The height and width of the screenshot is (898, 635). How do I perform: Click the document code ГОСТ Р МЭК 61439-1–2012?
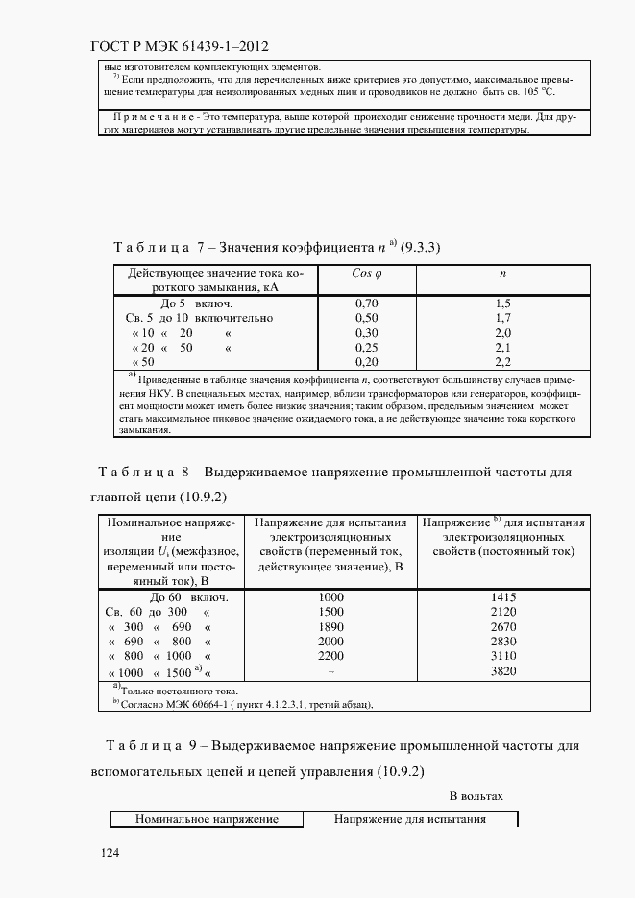coord(183,45)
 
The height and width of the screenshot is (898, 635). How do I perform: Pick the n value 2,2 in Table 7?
coord(501,361)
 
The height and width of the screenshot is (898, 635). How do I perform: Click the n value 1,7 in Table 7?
coord(501,317)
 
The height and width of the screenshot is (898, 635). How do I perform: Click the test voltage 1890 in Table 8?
coord(330,626)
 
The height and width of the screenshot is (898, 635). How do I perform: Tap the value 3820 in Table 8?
coord(503,671)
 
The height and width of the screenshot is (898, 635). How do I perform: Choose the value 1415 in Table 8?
coord(503,596)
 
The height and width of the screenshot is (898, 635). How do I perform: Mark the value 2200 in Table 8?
coord(330,656)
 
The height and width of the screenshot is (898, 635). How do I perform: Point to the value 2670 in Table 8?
coord(503,626)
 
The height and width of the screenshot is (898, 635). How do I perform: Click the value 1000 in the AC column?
coord(330,596)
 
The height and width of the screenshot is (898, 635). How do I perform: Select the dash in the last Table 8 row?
coord(330,672)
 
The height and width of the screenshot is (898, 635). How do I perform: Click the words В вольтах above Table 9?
coord(476,796)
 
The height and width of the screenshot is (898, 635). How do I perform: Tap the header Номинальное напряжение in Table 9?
coord(207,819)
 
